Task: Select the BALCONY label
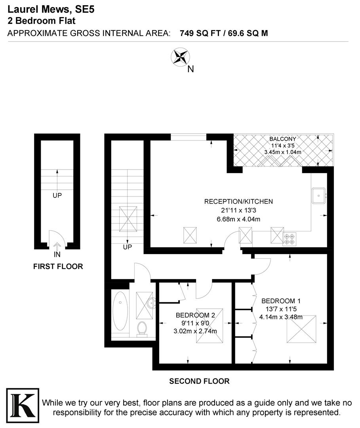tap(282, 139)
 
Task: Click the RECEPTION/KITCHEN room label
tap(238, 202)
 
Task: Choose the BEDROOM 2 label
tap(195, 315)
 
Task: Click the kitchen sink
tap(319, 195)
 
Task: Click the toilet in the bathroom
tap(142, 328)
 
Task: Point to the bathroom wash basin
tap(152, 303)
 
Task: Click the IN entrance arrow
tap(57, 248)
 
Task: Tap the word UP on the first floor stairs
tap(57, 195)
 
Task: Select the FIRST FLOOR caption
tap(58, 267)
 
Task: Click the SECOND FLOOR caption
tap(199, 382)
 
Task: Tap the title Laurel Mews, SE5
tap(51, 9)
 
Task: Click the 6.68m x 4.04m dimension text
tap(238, 219)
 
